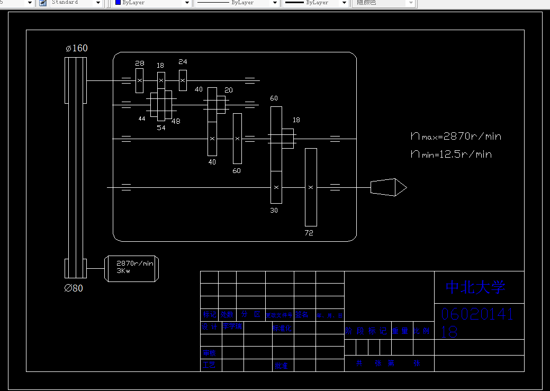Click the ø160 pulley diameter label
[77, 48]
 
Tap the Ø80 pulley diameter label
[74, 288]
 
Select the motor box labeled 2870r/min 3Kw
[132, 268]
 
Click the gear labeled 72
[311, 187]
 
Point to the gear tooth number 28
[139, 63]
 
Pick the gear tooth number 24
[183, 62]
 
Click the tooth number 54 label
[161, 128]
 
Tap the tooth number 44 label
[142, 119]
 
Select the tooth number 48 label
[176, 121]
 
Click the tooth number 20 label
[229, 90]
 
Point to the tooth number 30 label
[274, 210]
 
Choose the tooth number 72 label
[309, 233]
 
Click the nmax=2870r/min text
[456, 137]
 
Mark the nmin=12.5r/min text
[451, 154]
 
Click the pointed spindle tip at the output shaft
[389, 187]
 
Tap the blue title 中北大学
[476, 287]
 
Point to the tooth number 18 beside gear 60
[296, 120]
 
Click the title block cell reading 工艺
[209, 365]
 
